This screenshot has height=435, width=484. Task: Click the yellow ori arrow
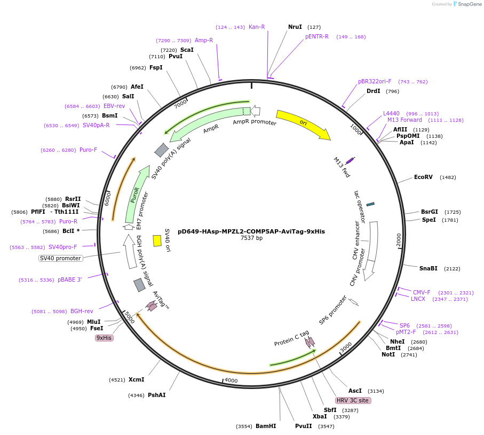[303, 124]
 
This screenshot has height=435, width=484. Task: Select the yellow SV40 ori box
[157, 240]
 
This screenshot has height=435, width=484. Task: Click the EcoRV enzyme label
[423, 177]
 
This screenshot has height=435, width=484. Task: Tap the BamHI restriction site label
[265, 426]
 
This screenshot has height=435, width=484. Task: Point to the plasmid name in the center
[251, 231]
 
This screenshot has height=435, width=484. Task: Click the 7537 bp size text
[251, 238]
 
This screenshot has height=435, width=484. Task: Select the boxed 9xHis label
[104, 338]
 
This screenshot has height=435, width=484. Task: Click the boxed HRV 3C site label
[353, 400]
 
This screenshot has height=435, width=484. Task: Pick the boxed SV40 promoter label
[61, 259]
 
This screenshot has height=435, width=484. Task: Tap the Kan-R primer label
[257, 27]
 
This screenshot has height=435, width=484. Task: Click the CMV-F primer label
[422, 292]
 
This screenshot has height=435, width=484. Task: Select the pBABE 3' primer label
[70, 279]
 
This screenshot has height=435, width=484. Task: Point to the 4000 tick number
[231, 380]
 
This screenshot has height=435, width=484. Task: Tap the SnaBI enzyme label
[428, 268]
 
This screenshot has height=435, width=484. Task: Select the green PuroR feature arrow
[137, 194]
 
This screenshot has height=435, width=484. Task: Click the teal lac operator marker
[370, 204]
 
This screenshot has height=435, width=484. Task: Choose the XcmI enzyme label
[136, 379]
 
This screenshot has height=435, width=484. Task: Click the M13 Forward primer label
[404, 120]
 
